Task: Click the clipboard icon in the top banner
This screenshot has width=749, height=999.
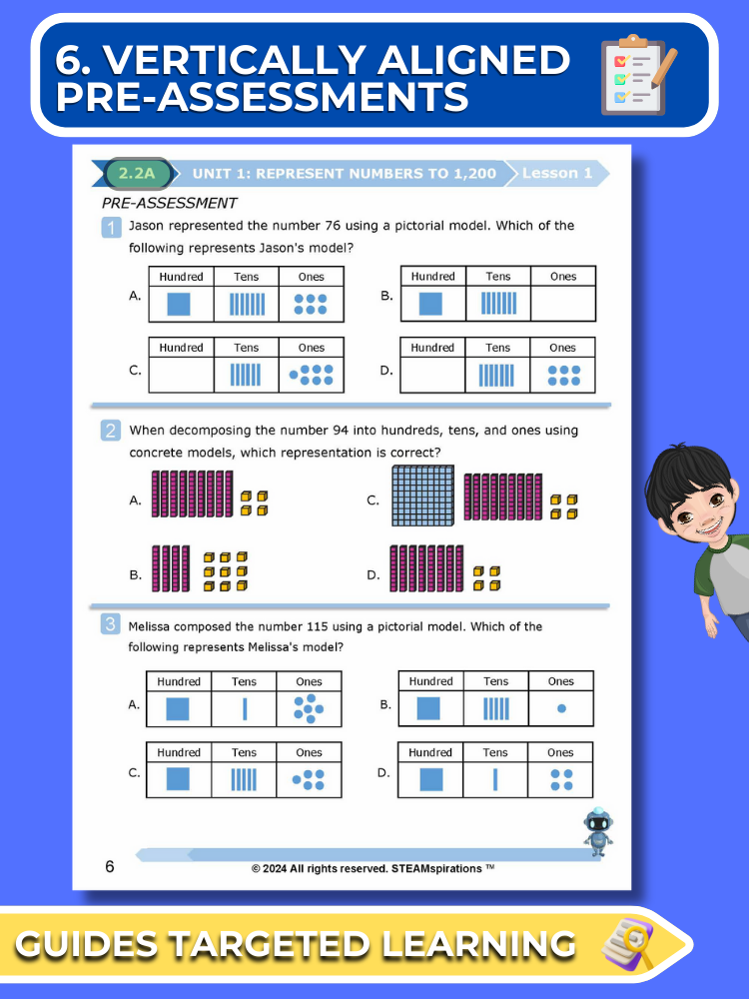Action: (638, 75)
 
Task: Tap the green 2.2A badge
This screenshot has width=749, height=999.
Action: (138, 173)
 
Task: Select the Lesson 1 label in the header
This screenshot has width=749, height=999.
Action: (557, 173)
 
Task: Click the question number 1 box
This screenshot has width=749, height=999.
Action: (111, 228)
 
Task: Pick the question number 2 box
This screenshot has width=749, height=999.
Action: (110, 431)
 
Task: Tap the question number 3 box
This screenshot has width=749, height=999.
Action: (110, 623)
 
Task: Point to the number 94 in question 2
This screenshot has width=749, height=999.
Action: (341, 430)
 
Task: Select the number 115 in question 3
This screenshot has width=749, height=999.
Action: (318, 626)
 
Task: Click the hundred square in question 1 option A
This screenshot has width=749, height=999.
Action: (179, 304)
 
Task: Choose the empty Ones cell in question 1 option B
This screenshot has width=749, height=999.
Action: (563, 304)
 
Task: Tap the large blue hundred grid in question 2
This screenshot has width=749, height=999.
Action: (422, 496)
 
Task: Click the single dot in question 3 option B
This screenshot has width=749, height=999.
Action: (561, 708)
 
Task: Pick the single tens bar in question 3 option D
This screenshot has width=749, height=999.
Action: (495, 779)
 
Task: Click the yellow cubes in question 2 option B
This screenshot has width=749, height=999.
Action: (226, 571)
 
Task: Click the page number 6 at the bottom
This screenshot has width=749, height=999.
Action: (110, 866)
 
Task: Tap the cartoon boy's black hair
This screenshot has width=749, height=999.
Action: (687, 477)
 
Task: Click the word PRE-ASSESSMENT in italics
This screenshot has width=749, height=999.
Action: (170, 203)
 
